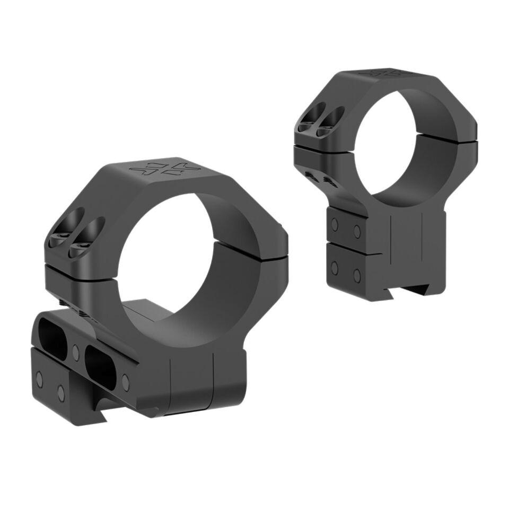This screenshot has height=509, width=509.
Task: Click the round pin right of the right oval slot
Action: pos(125,380)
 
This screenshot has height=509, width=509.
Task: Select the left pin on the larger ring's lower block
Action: pos(39,379)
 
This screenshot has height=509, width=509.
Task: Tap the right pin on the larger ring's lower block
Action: pos(61,393)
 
